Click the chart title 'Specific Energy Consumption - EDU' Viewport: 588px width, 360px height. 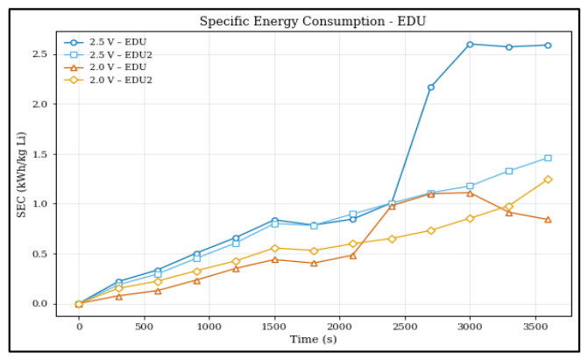(x=312, y=21)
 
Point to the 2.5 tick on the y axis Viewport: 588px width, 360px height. (x=39, y=54)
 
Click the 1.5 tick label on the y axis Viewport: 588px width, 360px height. (x=39, y=154)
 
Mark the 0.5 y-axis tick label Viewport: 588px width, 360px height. (x=39, y=254)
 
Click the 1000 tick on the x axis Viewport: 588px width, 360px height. (x=209, y=327)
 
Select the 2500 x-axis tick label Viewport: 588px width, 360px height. (x=405, y=327)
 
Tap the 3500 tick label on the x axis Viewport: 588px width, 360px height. (x=535, y=327)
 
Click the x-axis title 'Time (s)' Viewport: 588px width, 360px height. (x=313, y=339)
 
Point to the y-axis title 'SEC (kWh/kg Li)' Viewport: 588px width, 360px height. (x=21, y=174)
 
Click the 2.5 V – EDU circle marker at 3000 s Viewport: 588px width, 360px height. (x=470, y=45)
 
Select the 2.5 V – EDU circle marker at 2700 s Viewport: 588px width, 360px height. (x=431, y=88)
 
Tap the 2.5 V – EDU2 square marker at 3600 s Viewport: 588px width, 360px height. (x=548, y=158)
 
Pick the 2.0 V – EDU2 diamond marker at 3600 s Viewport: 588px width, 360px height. (x=548, y=180)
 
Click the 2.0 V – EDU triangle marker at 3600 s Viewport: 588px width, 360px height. (x=548, y=220)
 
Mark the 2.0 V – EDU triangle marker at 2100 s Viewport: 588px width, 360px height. (x=353, y=256)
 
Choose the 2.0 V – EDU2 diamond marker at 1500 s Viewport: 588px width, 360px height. (x=275, y=248)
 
